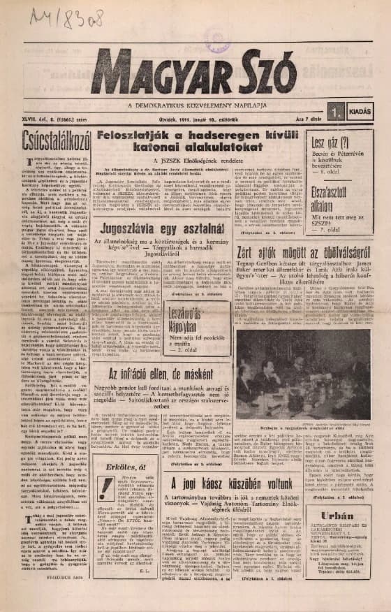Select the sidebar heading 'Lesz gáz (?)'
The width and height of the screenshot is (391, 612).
tap(332, 143)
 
